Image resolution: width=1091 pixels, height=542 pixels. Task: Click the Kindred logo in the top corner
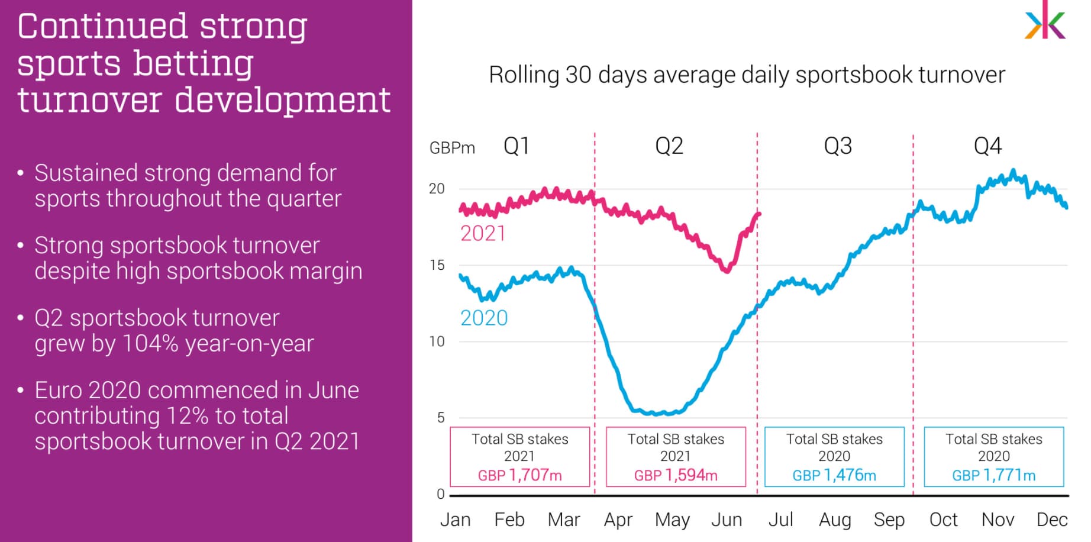pos(1045,21)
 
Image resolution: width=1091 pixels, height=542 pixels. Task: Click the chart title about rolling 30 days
pos(747,75)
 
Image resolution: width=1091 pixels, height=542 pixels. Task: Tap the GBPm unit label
pos(452,148)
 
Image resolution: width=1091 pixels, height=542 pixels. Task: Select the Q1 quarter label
pos(516,146)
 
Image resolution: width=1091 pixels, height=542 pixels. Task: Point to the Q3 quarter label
pos(838,146)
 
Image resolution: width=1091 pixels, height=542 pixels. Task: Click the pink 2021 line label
pos(483,234)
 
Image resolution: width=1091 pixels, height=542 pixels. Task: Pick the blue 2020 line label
pos(484,318)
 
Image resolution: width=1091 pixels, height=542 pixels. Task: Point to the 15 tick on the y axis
pos(437,265)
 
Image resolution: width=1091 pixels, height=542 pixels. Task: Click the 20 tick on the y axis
pos(437,189)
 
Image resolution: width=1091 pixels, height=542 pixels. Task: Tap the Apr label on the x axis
pos(618,520)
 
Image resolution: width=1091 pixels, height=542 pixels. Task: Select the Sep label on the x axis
pos(889,520)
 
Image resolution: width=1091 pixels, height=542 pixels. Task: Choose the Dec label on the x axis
pos(1051,520)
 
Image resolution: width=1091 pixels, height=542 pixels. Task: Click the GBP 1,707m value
pos(519,475)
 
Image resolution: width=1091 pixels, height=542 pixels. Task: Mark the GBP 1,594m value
pos(676,475)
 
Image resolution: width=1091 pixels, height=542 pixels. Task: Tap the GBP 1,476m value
pos(834,475)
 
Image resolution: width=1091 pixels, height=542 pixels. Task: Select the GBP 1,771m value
pos(993,475)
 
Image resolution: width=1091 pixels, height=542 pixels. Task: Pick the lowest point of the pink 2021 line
pos(727,270)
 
